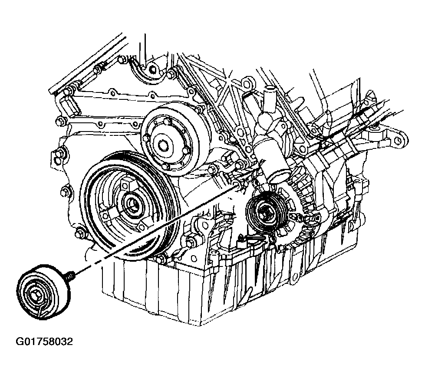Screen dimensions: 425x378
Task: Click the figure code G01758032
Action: (44, 342)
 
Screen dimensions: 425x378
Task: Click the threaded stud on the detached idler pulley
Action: (70, 274)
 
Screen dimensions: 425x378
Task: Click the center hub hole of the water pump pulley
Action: (163, 145)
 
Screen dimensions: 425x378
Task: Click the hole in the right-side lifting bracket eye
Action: (398, 140)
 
